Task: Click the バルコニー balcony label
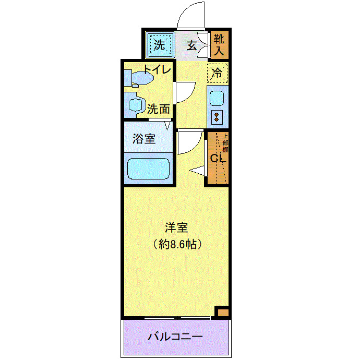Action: (175, 337)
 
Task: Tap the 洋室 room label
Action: (176, 227)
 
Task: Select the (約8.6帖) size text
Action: (176, 243)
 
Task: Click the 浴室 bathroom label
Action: (143, 139)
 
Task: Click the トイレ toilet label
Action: (157, 68)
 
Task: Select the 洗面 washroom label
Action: (158, 109)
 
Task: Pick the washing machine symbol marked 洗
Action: (159, 44)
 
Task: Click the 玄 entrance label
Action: (191, 45)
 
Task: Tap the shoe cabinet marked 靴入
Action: (218, 45)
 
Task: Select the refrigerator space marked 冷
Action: (218, 73)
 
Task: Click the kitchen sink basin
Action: (217, 98)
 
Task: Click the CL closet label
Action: (217, 158)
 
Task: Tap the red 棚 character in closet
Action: (225, 149)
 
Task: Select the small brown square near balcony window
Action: (223, 312)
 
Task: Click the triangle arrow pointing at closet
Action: (197, 170)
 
